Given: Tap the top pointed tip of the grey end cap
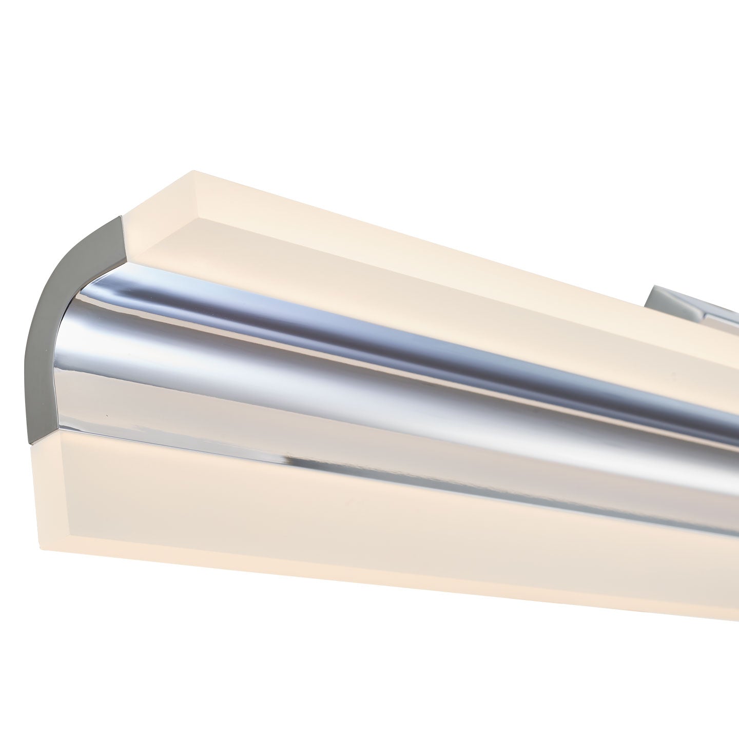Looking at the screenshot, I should [x=121, y=218].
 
